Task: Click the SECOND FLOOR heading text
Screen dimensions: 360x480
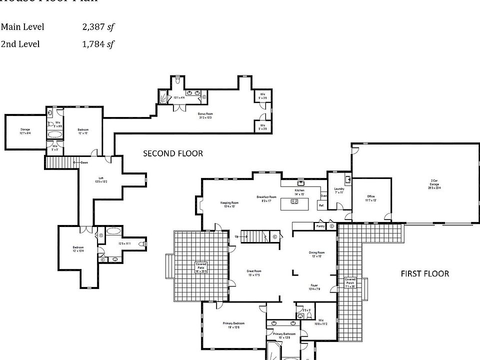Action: [173, 153]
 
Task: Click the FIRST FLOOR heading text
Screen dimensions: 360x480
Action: [424, 273]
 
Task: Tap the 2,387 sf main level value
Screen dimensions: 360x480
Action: [98, 27]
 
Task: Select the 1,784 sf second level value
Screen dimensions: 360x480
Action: [98, 44]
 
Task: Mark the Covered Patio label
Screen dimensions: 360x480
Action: [201, 265]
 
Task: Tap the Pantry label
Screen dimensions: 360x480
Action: [320, 226]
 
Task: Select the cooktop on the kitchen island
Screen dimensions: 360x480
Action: [295, 202]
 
